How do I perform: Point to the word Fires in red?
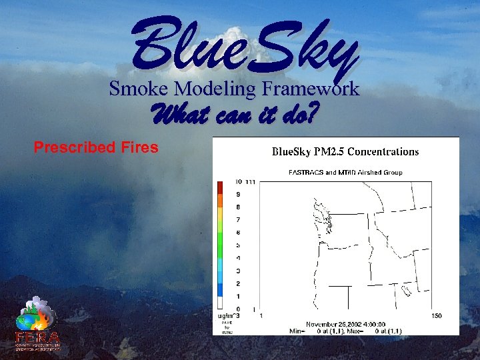138,147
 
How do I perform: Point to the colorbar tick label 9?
238,194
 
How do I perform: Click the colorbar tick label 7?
238,219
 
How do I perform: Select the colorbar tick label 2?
238,283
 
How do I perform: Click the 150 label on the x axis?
437,315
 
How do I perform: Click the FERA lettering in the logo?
38,337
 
